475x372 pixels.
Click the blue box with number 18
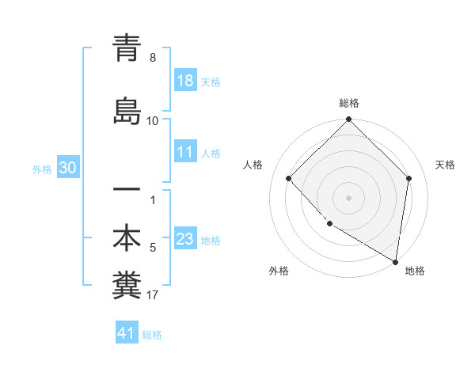point(185,81)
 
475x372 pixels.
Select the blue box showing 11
point(185,152)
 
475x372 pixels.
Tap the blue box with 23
point(185,239)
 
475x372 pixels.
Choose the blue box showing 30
point(67,168)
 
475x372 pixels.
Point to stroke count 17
point(153,296)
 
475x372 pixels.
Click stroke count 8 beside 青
point(153,58)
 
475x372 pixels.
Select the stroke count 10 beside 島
point(153,121)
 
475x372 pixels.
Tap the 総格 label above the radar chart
point(349,103)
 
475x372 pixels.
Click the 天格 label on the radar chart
point(445,165)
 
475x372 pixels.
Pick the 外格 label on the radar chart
point(279,271)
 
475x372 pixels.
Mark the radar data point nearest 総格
point(349,120)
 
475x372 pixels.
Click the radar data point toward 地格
point(395,261)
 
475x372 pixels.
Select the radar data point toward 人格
point(289,178)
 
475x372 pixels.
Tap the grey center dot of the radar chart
point(349,197)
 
